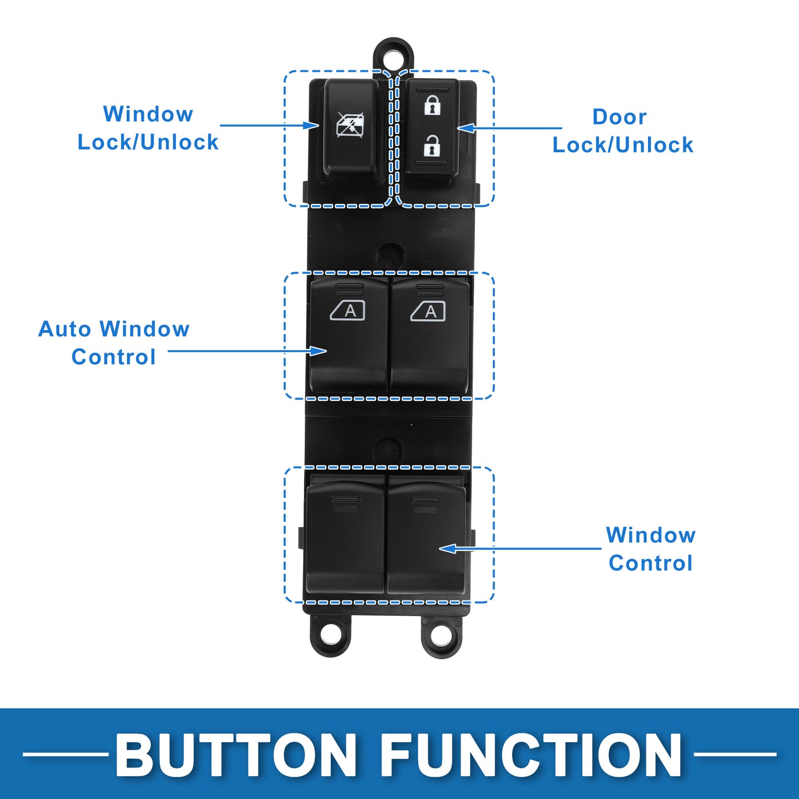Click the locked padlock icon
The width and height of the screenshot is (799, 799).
click(x=432, y=105)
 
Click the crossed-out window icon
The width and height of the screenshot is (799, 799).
click(x=351, y=125)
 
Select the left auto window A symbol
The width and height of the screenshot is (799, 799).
click(x=347, y=311)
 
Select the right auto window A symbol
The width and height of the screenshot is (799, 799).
click(x=428, y=311)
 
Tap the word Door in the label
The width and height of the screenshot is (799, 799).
click(x=619, y=117)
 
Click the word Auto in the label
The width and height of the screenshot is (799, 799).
click(x=65, y=329)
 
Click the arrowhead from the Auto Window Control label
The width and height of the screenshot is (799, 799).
click(x=318, y=351)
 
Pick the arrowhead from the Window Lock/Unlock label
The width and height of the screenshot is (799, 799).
click(x=311, y=125)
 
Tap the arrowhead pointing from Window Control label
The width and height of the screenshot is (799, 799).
click(x=448, y=549)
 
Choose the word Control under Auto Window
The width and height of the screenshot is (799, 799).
click(x=113, y=357)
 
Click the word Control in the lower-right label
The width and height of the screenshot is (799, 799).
click(x=651, y=563)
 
